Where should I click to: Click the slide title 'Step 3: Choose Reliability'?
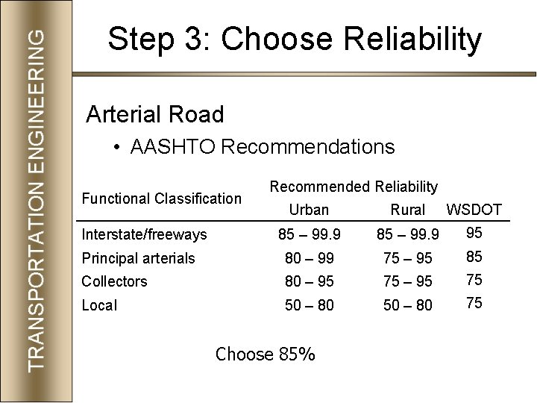coord(295,40)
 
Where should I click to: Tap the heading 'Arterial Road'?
coord(155,114)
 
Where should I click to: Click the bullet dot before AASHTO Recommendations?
coord(118,148)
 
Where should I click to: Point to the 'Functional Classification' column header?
coord(162,199)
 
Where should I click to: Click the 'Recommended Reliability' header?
coord(354,186)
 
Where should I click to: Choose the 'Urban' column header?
coord(309,210)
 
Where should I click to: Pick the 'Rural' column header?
coord(407,210)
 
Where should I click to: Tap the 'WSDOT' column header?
coord(474,210)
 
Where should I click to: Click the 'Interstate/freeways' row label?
coord(145,235)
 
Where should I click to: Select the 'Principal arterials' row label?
coord(139,258)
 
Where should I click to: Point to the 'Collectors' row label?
coord(115,281)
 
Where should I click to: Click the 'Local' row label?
coord(99,305)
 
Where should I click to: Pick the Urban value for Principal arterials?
coord(309,258)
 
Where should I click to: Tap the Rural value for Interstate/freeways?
coord(408,235)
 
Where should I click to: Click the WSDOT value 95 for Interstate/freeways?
coord(474,233)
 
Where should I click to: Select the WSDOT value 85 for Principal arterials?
coord(474,257)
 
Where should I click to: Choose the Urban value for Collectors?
coord(309,281)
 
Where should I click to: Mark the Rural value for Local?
coord(408,305)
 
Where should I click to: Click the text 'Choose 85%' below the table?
coord(265,354)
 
